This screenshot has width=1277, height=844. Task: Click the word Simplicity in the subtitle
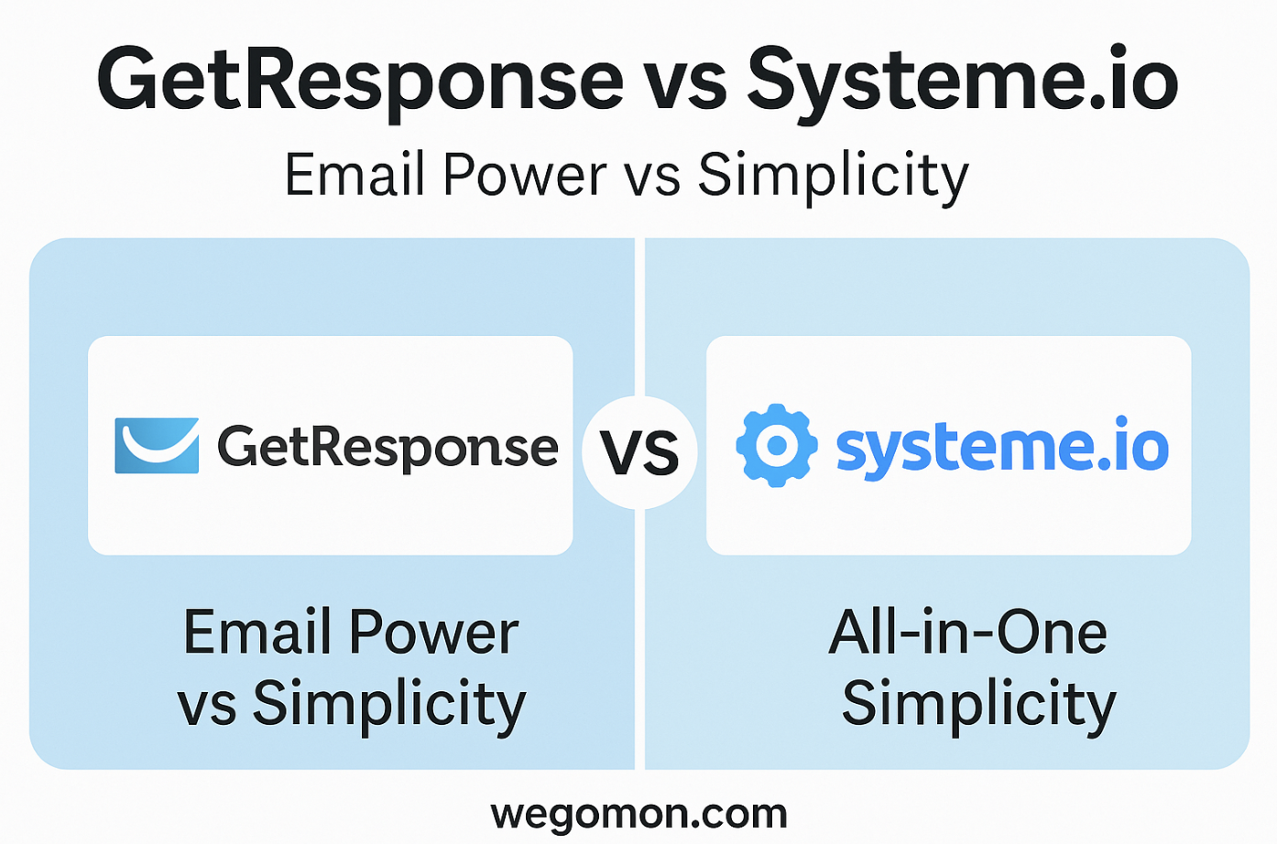833,177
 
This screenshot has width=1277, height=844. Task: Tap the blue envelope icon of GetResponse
157,446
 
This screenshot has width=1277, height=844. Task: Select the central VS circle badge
639,452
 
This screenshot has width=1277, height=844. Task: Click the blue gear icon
777,446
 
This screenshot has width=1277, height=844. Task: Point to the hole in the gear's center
777,446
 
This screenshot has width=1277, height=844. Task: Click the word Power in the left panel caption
434,633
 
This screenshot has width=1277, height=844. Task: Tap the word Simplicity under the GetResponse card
388,705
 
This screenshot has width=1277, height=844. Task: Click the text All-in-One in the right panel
967,633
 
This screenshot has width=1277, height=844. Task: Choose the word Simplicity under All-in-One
978,705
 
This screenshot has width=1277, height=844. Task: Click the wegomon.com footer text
639,815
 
